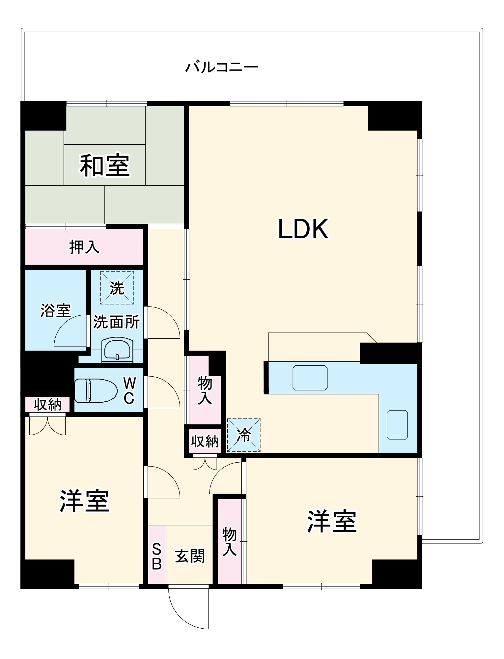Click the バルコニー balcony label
click(221, 67)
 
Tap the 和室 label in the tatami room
click(105, 165)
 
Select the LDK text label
click(303, 229)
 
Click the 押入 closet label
click(84, 247)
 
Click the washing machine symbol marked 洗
click(117, 288)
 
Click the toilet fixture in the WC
click(96, 390)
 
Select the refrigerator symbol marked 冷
click(244, 435)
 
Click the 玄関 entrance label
click(190, 556)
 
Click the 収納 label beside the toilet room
click(47, 404)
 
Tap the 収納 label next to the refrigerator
click(205, 441)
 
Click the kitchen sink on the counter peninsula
click(310, 378)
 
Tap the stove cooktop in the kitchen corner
click(397, 425)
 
